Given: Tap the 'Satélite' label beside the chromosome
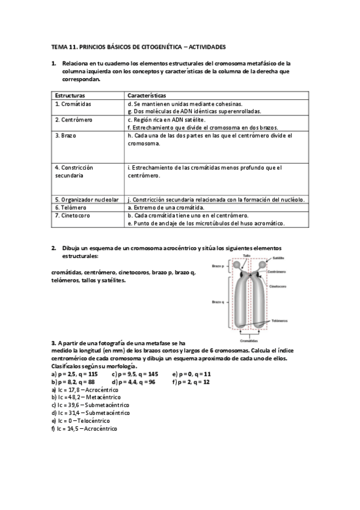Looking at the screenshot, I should [278, 258].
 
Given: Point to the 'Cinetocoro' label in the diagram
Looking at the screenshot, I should [277, 286].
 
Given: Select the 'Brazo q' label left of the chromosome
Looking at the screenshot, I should [218, 302].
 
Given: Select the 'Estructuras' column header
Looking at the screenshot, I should [70, 96].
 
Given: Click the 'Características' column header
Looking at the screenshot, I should [147, 96].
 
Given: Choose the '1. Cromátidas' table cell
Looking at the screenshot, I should [73, 103].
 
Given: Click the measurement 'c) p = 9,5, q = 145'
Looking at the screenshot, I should [135, 373].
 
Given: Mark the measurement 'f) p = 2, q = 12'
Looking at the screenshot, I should [191, 381].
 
